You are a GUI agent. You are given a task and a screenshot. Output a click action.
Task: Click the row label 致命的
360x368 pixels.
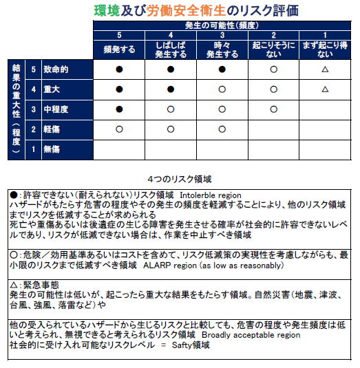coord(60,69)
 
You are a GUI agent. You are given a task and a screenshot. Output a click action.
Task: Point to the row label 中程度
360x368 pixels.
coord(60,109)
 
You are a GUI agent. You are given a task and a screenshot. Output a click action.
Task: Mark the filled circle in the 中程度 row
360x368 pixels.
coord(119,109)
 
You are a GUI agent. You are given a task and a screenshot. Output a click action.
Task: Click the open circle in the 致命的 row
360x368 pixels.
coord(273,69)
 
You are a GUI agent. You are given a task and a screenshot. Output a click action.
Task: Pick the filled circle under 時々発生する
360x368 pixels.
coord(222,69)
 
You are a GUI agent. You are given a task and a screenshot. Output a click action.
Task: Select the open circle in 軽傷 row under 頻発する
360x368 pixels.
coord(119,129)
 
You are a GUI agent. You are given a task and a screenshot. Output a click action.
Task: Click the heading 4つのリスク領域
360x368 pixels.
coord(180,177)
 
